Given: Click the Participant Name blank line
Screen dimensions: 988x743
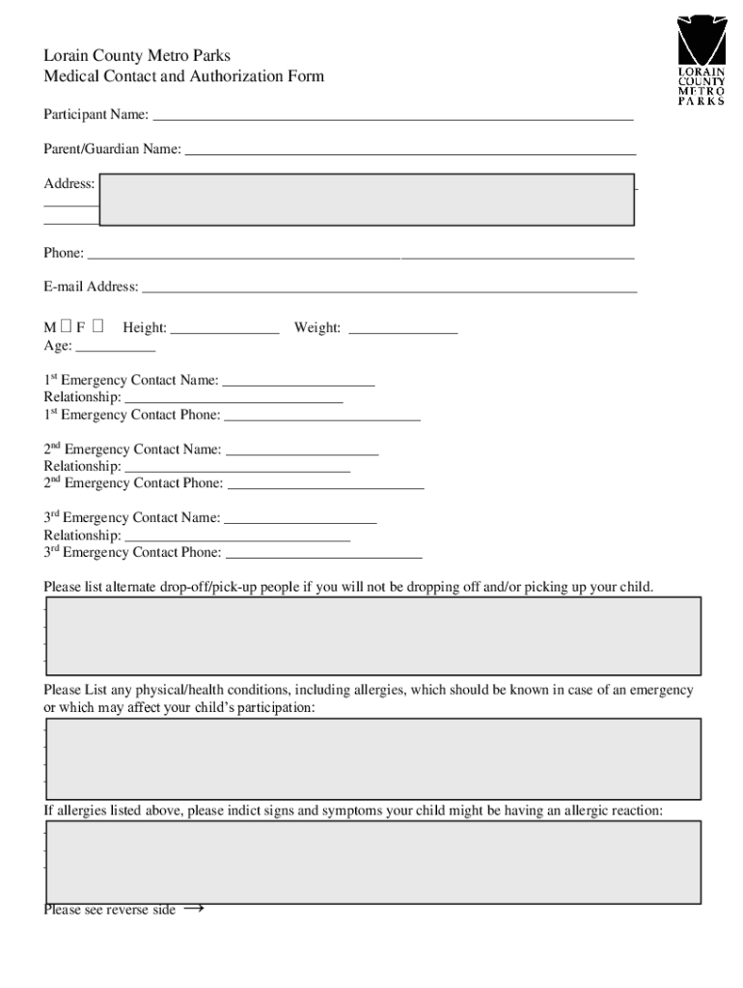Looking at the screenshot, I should [393, 117].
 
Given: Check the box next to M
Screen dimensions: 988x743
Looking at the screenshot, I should [66, 327].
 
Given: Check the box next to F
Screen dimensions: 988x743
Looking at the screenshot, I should [99, 327].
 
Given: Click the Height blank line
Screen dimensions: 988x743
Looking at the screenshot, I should [224, 331].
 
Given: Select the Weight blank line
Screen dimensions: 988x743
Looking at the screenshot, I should [402, 331].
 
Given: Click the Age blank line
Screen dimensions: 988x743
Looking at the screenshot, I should [115, 348].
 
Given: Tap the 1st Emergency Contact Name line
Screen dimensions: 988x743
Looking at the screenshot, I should [298, 383].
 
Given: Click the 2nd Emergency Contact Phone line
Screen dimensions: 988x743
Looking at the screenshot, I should [325, 486].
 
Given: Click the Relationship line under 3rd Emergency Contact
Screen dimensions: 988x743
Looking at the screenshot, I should [237, 538].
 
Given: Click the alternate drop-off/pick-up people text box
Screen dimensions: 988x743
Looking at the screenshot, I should [372, 635].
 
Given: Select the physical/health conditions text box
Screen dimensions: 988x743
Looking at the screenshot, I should [372, 755].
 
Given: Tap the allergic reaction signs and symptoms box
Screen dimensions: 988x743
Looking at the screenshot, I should [372, 862].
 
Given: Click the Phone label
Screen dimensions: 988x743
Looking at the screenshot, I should [64, 253].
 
